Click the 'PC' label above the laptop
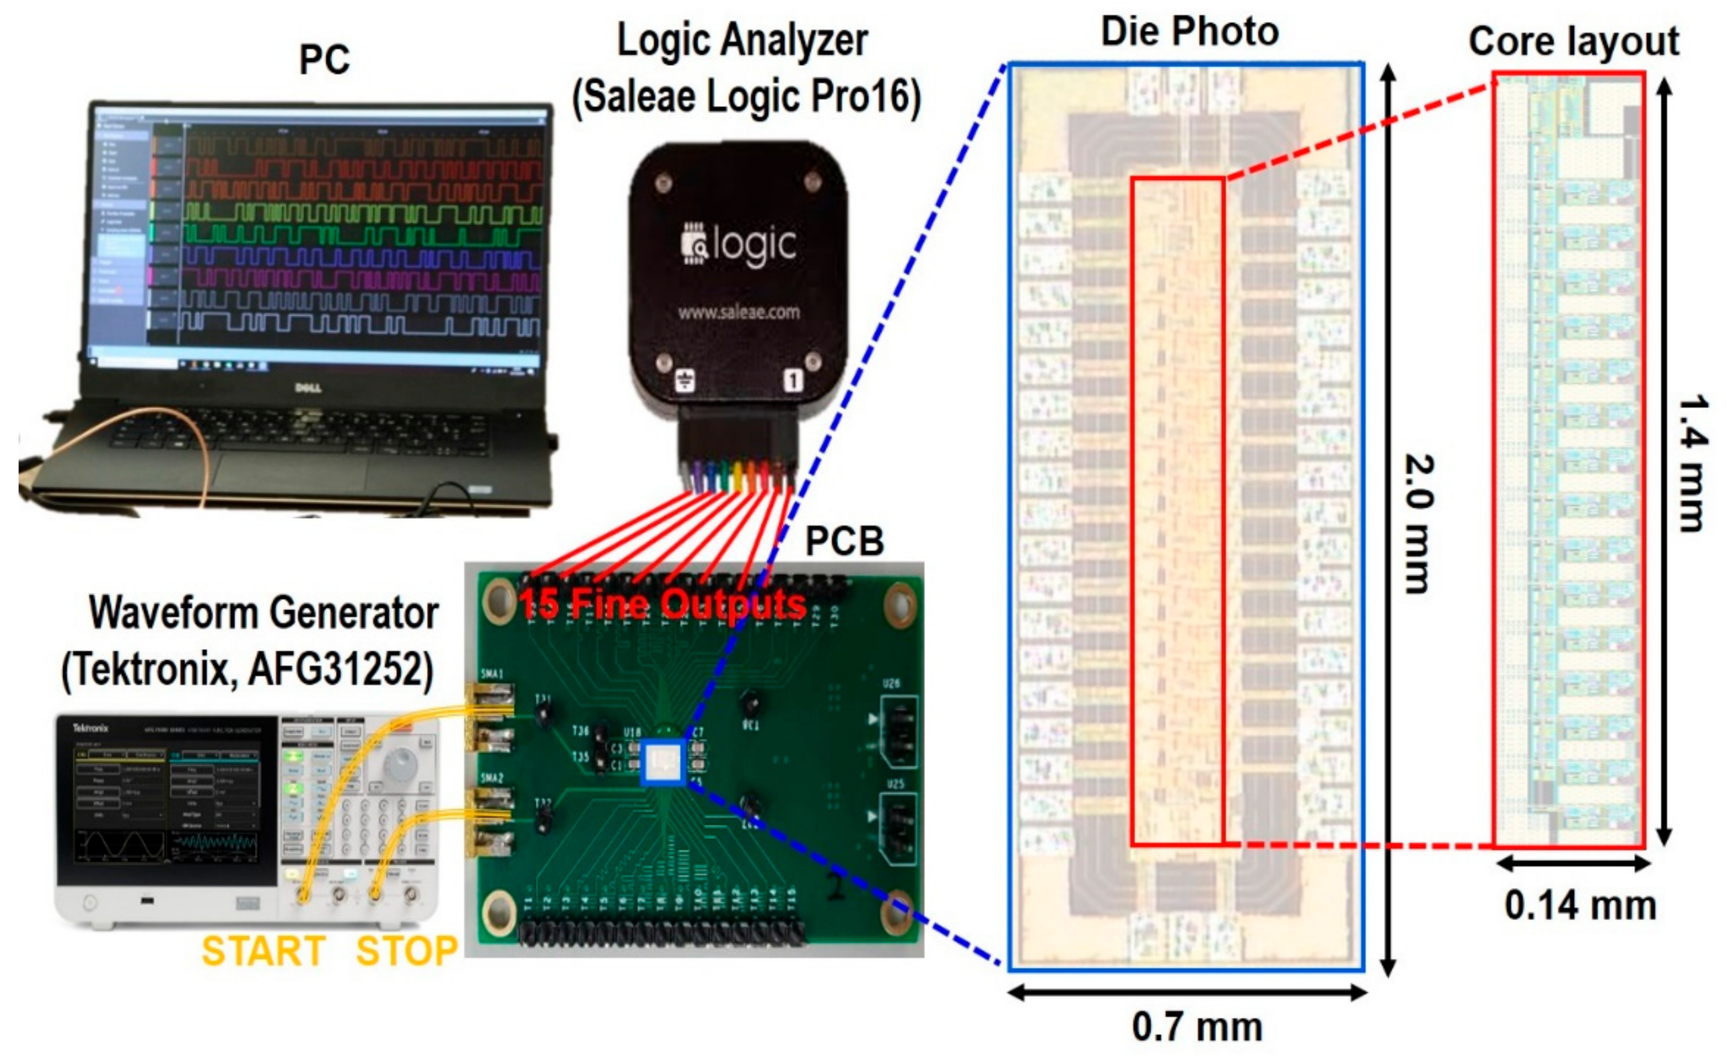click(x=324, y=60)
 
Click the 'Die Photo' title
click(x=1190, y=32)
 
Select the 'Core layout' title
click(x=1573, y=41)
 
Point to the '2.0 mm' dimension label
click(x=1420, y=524)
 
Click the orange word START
click(x=263, y=951)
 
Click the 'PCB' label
click(x=844, y=541)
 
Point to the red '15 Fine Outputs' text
click(x=662, y=604)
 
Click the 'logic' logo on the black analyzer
click(x=740, y=246)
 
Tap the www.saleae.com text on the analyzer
click(x=738, y=312)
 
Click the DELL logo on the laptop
click(x=308, y=388)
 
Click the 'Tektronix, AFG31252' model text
click(x=248, y=669)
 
